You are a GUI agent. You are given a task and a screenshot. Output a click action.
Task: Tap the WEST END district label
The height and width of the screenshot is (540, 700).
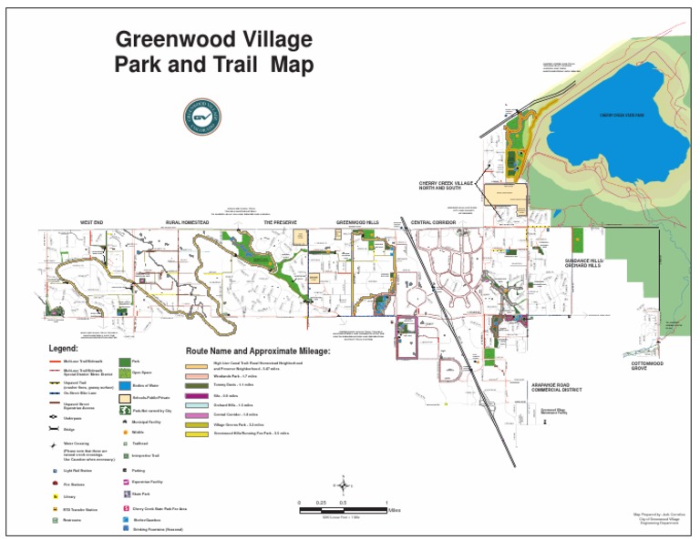tap(92, 222)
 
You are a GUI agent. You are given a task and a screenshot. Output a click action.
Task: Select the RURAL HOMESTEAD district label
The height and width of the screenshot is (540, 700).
tap(186, 222)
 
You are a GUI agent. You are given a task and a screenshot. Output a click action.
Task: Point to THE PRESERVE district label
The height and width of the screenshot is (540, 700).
tap(281, 222)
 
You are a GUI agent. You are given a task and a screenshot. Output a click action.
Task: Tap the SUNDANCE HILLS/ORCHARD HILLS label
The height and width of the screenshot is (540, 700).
tap(583, 262)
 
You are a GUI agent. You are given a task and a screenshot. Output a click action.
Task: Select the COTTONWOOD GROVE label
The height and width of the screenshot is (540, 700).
tap(647, 366)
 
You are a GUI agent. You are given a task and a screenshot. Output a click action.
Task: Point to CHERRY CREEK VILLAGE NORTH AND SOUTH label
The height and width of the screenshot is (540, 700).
tap(448, 186)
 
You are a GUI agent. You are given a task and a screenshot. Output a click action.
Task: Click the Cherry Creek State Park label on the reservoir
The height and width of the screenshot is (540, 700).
tap(623, 115)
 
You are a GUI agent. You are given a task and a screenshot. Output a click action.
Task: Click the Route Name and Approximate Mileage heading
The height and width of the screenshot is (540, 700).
tap(258, 351)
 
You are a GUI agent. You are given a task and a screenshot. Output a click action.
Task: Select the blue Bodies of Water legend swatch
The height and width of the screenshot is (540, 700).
tap(125, 385)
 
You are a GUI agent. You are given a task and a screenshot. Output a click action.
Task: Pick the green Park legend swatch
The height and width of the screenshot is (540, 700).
tap(125, 362)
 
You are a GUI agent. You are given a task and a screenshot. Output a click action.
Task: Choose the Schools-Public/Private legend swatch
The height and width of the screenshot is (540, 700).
tap(125, 398)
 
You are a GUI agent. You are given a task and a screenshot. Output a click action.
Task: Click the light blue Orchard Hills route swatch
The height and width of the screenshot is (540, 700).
tap(197, 404)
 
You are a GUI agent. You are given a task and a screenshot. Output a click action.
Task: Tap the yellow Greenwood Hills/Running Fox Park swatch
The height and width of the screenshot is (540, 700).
tap(197, 433)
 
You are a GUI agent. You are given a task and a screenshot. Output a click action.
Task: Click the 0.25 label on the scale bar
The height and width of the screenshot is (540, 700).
tap(321, 503)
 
